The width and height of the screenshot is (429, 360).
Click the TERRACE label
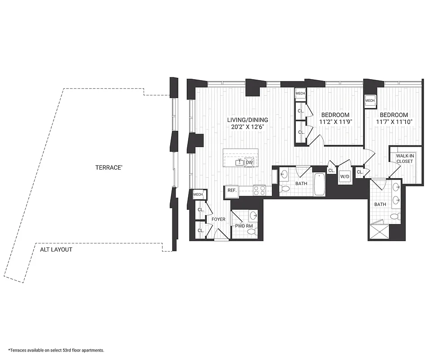pyautogui.click(x=108, y=167)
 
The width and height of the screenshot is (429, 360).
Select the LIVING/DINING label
pyautogui.click(x=247, y=120)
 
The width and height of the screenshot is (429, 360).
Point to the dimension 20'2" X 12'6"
pyautogui.click(x=247, y=127)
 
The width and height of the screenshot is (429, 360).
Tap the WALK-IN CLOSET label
pyautogui.click(x=406, y=159)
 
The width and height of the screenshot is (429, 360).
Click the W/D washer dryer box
pyautogui.click(x=345, y=177)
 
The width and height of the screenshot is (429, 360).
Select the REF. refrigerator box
pyautogui.click(x=232, y=191)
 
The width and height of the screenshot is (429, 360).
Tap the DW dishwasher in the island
pyautogui.click(x=249, y=162)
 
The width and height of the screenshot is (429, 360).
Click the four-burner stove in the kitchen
pyautogui.click(x=260, y=190)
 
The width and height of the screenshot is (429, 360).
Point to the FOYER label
pyautogui.click(x=218, y=220)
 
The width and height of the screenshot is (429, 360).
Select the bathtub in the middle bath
pyautogui.click(x=319, y=184)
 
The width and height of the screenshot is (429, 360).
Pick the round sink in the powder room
pyautogui.click(x=253, y=215)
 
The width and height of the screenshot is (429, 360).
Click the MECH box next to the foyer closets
pyautogui.click(x=198, y=194)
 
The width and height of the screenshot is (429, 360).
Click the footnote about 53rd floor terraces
pyautogui.click(x=56, y=350)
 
